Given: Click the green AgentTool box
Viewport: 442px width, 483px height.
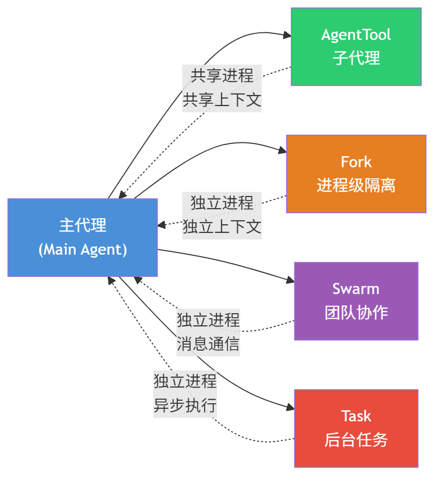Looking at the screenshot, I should pos(356,46).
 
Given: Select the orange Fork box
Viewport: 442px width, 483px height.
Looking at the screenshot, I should pos(356,174).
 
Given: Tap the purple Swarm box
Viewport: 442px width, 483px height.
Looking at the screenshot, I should pos(356,301).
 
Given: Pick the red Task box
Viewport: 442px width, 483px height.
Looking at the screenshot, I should pos(356,428).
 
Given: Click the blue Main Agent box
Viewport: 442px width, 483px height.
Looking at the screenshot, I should pos(82,237).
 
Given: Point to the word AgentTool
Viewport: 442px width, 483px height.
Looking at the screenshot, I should pos(356,35).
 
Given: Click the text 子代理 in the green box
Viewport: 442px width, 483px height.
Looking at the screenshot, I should pos(356,58).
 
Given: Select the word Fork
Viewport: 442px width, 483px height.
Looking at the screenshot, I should pos(356,162).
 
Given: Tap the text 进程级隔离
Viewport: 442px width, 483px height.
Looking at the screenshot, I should pos(356,185).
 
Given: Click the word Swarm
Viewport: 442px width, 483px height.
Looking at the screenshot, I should pos(356,289).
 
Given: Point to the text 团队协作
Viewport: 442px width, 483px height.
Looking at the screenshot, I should pos(356,313).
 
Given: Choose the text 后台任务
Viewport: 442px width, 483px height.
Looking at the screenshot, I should pos(356,440).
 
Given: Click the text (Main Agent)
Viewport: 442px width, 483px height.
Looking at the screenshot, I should pos(82,250).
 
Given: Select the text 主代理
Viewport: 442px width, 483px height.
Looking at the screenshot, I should pos(82,225).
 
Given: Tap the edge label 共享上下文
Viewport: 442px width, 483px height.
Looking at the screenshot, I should pos(222,100).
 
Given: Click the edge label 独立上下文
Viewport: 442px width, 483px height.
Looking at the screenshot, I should pos(222,227).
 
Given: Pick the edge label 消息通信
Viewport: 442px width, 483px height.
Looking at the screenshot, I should pos(208,344).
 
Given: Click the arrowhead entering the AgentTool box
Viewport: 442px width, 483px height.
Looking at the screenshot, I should pos(288,35).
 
